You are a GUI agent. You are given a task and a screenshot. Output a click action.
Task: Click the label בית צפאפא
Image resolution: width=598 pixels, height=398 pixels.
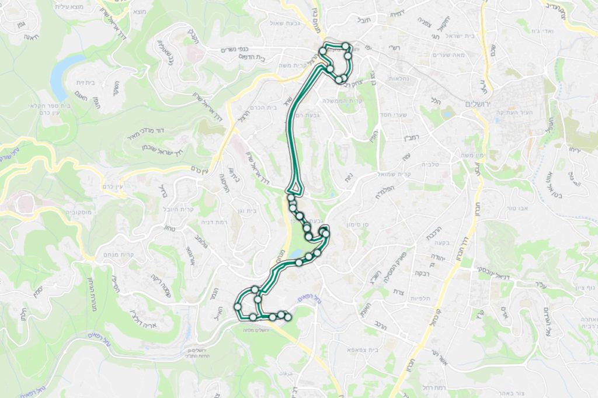(354, 349)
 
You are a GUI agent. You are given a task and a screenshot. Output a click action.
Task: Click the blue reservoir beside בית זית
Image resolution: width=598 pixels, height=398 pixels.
(61, 76)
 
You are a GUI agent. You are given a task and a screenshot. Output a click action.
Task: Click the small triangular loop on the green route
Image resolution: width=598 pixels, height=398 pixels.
(295, 188)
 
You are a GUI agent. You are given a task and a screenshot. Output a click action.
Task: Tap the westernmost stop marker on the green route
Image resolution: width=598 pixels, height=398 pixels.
(238, 306)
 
